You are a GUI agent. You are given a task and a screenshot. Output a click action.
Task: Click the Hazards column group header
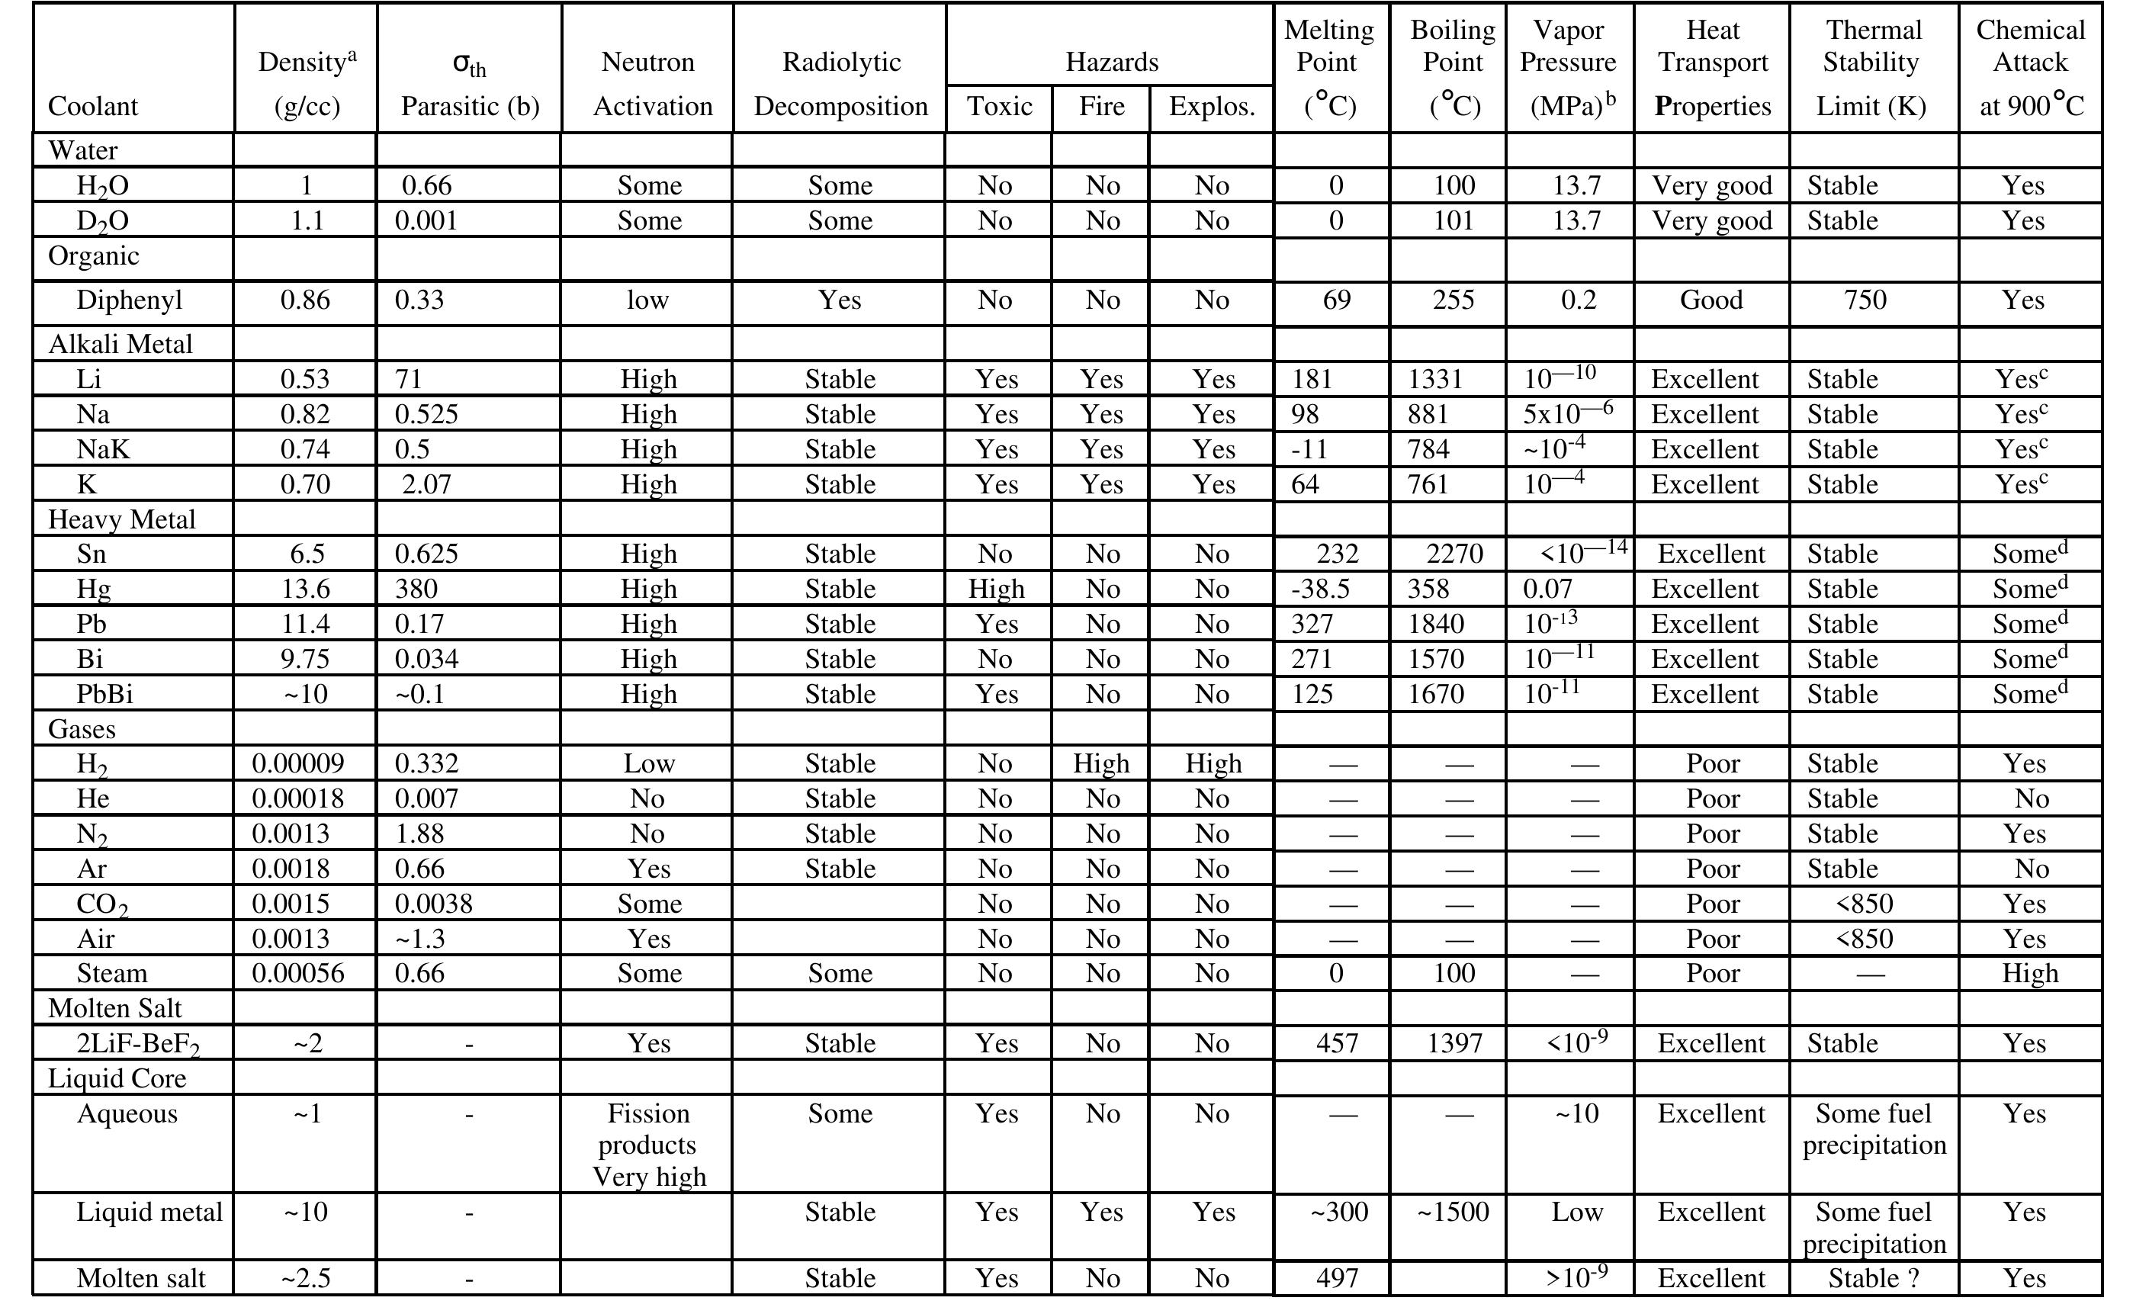1111,62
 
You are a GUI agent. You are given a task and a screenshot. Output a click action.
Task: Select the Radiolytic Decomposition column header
840,84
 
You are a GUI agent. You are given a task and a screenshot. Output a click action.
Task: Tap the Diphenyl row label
129,300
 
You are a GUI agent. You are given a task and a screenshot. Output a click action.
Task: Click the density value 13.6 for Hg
305,589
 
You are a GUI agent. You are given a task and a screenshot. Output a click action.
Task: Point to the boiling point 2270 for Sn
1454,554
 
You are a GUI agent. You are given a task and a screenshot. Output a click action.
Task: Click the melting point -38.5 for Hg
1321,589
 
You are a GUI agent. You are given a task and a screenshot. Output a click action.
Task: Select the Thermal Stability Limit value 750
1865,300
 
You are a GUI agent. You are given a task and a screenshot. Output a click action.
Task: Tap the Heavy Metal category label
121,520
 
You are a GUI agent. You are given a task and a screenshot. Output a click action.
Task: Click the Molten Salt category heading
114,1008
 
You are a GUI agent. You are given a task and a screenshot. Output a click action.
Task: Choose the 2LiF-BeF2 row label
138,1044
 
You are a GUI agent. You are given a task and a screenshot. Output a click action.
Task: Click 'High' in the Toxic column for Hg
996,589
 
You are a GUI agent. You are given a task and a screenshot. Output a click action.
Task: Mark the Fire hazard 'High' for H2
1100,763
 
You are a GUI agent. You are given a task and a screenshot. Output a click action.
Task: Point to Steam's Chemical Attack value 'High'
2029,972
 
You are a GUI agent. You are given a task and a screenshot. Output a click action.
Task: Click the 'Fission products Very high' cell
648,1145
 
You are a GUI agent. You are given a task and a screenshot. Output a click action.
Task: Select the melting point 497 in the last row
1336,1278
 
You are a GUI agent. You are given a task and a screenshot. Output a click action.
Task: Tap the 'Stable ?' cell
1874,1278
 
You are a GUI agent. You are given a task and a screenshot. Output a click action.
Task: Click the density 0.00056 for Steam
298,972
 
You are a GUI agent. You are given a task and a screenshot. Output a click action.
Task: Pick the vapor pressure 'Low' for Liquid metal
1577,1212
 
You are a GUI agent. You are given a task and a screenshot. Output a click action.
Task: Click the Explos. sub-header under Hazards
1212,107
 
